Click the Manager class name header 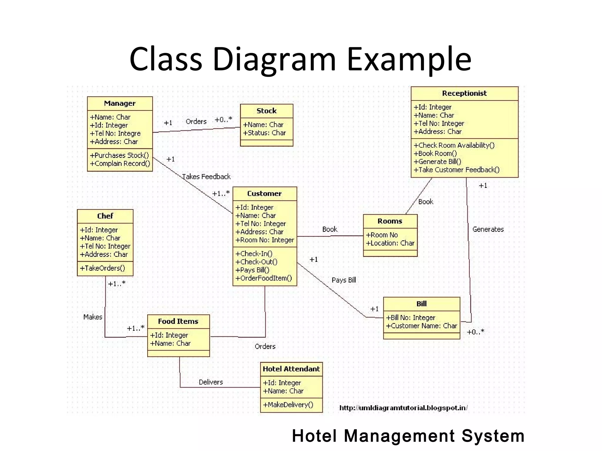tap(120, 103)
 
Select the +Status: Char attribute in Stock tap(264, 133)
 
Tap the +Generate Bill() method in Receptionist tap(437, 162)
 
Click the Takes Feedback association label tap(206, 177)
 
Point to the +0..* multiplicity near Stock tap(223, 120)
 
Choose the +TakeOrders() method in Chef tap(102, 268)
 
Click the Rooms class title tap(390, 221)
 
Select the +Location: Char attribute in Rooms tap(390, 243)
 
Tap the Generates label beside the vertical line tap(488, 229)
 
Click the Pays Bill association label tap(344, 280)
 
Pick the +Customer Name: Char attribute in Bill tap(422, 326)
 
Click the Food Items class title tap(178, 321)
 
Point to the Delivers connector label tap(211, 382)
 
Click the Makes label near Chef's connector tap(93, 317)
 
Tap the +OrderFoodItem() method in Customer tap(264, 278)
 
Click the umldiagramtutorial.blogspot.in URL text tap(403, 408)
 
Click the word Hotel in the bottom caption tap(314, 436)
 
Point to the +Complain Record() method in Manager tap(120, 164)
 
